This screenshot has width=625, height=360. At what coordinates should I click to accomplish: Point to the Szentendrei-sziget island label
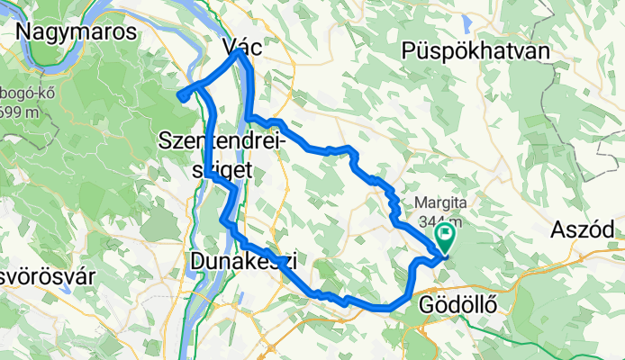pyautogui.click(x=222, y=153)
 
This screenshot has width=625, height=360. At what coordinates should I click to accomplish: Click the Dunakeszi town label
pyautogui.click(x=243, y=261)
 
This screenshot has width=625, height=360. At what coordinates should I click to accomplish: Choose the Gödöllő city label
pyautogui.click(x=459, y=306)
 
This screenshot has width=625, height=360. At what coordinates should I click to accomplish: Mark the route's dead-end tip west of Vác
pyautogui.click(x=181, y=96)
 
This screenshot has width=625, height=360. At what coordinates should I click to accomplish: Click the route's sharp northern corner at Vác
pyautogui.click(x=239, y=51)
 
